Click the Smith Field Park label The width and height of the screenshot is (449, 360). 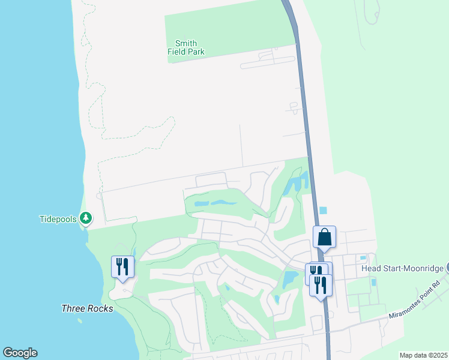coord(186,47)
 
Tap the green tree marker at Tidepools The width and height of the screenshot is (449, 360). coord(86,218)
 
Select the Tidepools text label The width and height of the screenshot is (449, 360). coord(58,219)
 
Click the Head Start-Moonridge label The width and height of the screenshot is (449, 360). coord(402,269)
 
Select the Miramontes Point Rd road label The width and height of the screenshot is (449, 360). coord(414,300)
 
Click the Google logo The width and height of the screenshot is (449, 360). coord(20,353)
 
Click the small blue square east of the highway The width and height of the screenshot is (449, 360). coord(324,211)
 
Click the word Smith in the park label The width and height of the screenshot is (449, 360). coord(186,43)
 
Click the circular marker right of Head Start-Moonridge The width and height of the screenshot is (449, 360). coord(447,268)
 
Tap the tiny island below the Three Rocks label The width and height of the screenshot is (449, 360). coord(80,320)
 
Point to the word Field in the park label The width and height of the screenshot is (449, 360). coord(177,52)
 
